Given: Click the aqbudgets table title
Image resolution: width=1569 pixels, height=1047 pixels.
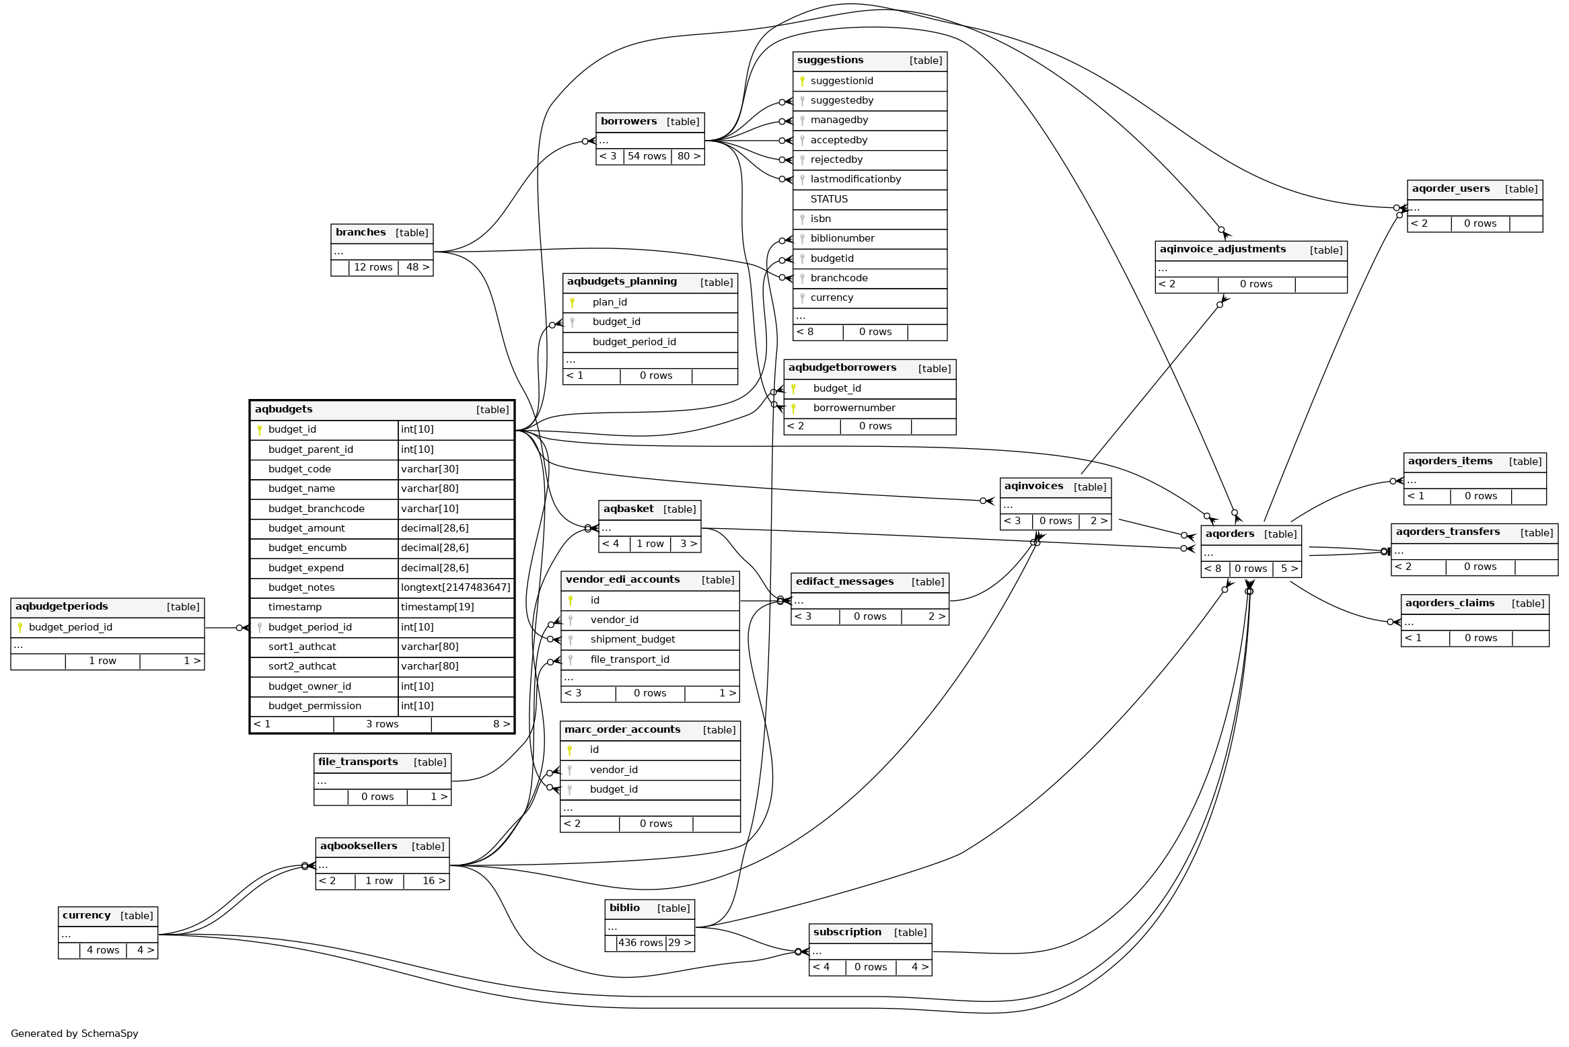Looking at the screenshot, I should tap(284, 409).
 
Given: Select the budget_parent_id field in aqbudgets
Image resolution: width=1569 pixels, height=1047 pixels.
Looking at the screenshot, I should tap(310, 449).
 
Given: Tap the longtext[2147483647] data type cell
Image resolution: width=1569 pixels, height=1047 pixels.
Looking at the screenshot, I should tap(455, 587).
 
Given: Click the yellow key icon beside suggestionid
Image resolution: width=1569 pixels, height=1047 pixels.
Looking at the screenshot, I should tap(802, 81).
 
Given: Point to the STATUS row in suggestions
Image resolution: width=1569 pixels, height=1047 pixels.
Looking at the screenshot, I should tap(829, 199).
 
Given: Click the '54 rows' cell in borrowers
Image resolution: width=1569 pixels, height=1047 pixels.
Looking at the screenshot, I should tap(647, 156).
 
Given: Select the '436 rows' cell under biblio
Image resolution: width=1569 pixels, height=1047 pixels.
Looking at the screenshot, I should tap(641, 943).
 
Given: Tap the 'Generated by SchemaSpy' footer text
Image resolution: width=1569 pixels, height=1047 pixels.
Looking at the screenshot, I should tap(75, 1034).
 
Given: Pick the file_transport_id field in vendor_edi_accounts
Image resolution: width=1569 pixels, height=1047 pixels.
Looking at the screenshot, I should tap(630, 659).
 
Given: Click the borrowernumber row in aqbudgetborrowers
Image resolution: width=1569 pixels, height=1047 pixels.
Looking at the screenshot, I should tap(854, 408).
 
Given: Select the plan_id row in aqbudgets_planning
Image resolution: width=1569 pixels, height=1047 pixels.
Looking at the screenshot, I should tap(610, 302).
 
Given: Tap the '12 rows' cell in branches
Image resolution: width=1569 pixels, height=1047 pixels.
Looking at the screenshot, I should tap(373, 267).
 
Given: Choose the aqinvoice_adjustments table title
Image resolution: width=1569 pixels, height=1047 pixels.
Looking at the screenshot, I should tap(1223, 250).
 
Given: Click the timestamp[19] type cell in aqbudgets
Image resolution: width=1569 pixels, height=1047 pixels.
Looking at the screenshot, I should tap(437, 607).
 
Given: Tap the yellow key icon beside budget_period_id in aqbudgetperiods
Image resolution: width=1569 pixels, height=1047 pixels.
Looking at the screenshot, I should tap(20, 627).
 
